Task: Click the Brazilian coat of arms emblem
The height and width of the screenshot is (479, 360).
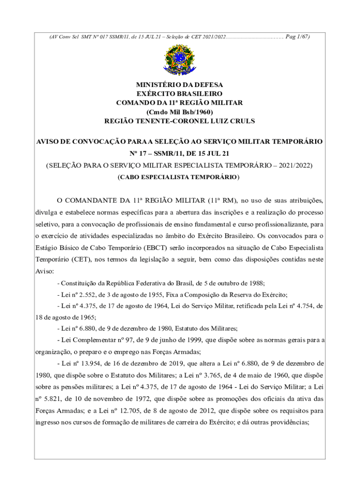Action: [180, 59]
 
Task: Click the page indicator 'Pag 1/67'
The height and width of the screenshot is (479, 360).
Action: [297, 36]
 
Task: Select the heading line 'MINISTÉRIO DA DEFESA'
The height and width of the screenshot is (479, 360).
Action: [180, 85]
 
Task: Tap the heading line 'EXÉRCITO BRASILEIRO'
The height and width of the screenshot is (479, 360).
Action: [180, 94]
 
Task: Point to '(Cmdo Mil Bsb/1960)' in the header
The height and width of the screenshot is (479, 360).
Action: [180, 112]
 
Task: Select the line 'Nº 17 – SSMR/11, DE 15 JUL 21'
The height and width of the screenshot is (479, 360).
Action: [180, 153]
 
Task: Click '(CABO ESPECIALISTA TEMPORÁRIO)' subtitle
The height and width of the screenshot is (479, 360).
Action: [180, 177]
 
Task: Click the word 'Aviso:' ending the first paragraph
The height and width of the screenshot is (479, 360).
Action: [45, 271]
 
